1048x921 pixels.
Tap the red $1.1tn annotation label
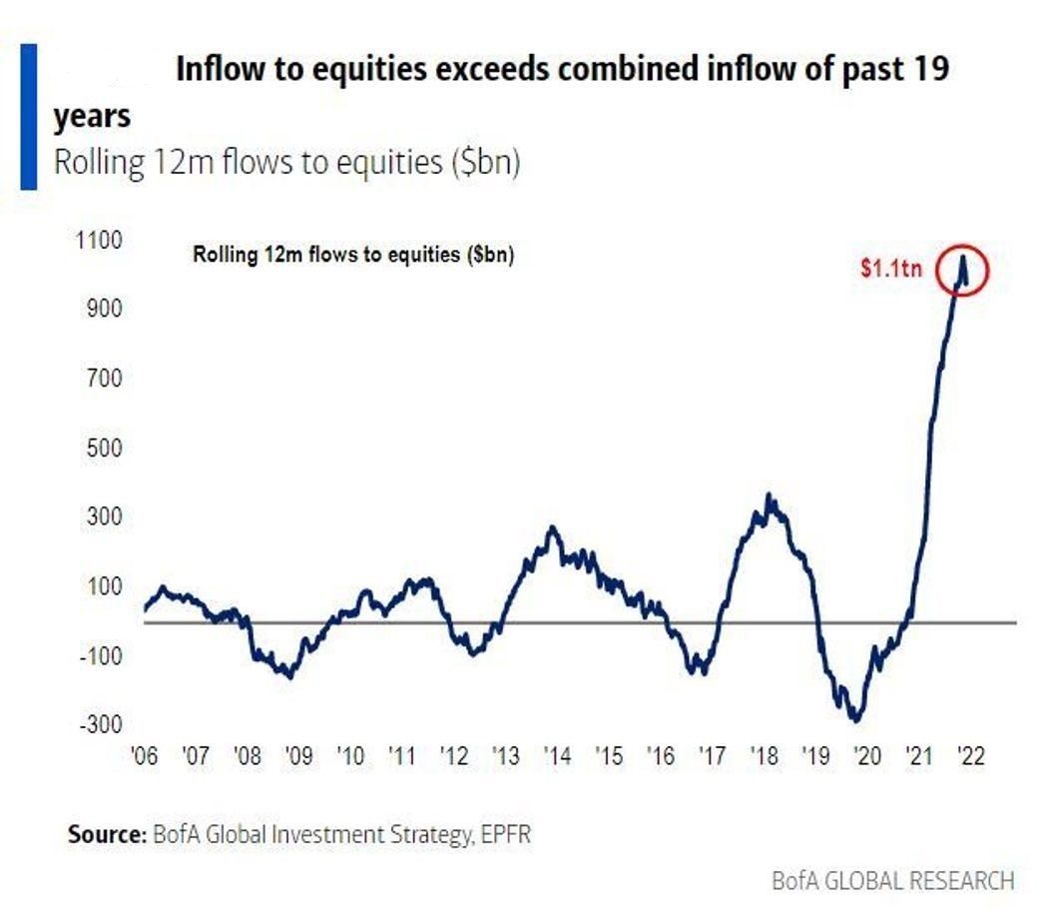[x=891, y=270]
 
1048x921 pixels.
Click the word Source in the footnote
[x=105, y=834]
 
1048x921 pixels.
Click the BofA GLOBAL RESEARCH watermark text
[x=893, y=881]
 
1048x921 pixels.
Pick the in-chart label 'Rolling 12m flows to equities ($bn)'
[x=353, y=255]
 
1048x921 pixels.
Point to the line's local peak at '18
[x=768, y=495]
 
